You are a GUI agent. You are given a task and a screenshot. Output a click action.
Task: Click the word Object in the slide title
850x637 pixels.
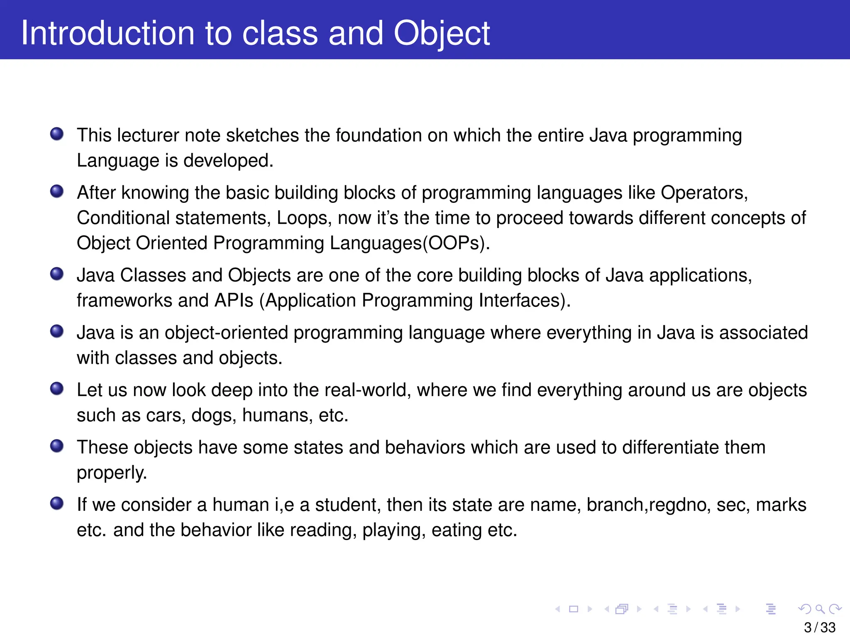tap(441, 33)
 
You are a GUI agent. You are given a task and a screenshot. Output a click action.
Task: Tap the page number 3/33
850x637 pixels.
tap(819, 627)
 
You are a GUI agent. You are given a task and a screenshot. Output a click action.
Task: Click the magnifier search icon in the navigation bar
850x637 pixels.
tap(820, 609)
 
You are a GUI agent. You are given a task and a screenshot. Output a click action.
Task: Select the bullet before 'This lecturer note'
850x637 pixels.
tap(57, 134)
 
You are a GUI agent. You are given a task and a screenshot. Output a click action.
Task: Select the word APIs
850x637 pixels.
tap(234, 300)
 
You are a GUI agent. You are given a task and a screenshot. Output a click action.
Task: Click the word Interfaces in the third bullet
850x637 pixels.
tap(524, 300)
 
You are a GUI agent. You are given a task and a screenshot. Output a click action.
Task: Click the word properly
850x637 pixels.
tap(112, 473)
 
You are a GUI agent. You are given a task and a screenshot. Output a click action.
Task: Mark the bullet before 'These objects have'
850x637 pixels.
tap(57, 446)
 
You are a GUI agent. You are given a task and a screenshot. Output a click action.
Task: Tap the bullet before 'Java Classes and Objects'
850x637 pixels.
tap(57, 274)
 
